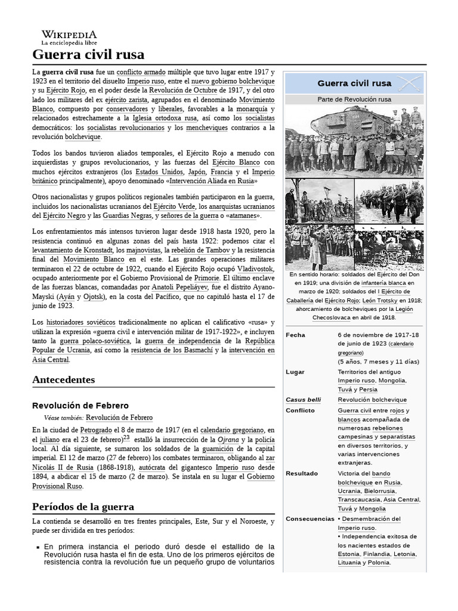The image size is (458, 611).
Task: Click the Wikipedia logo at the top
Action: coord(69,38)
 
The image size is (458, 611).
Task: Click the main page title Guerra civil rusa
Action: coord(88,55)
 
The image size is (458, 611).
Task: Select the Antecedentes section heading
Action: coord(63,379)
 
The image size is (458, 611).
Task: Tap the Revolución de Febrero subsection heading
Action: coord(81,406)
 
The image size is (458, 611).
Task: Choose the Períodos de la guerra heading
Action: coord(83,507)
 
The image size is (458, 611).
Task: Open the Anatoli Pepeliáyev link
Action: coord(178,287)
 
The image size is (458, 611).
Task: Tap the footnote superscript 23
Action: coord(126,437)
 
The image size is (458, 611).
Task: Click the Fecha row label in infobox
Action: coord(295,335)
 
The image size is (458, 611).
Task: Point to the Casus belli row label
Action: coord(303,400)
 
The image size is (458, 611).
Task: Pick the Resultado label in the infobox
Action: coord(302,474)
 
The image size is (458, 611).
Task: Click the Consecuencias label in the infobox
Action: coord(310,519)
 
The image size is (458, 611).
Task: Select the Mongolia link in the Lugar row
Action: coord(391,381)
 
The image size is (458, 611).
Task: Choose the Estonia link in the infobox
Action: coord(349,554)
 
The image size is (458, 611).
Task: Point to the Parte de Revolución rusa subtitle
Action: coord(354,99)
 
